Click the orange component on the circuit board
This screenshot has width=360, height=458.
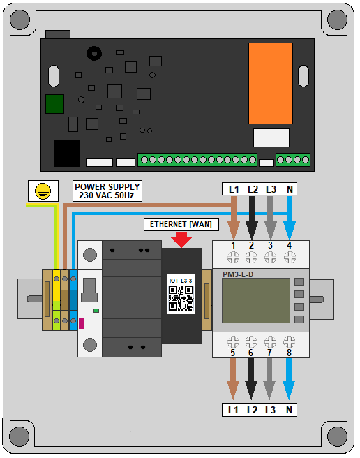click(271, 83)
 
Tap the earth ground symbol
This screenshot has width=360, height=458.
click(43, 191)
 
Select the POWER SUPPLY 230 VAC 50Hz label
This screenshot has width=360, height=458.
click(107, 191)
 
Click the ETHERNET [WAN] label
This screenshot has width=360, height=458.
click(181, 224)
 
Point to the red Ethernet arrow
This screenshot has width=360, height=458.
click(181, 239)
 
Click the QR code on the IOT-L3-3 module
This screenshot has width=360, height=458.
click(181, 298)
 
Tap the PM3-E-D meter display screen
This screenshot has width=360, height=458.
click(256, 300)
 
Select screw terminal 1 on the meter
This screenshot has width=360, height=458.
click(233, 258)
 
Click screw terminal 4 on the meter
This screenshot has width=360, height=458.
click(290, 258)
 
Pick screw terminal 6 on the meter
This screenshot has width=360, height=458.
click(251, 341)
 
